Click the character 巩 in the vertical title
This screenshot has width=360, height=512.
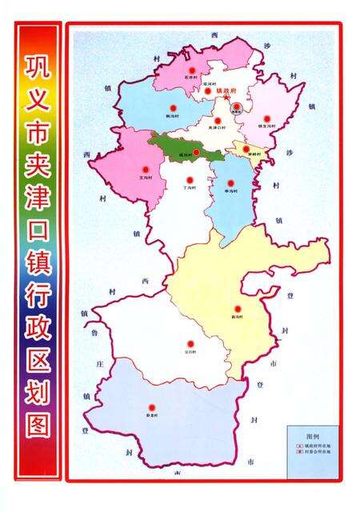(x=37, y=66)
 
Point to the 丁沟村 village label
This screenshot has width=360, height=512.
(x=190, y=188)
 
